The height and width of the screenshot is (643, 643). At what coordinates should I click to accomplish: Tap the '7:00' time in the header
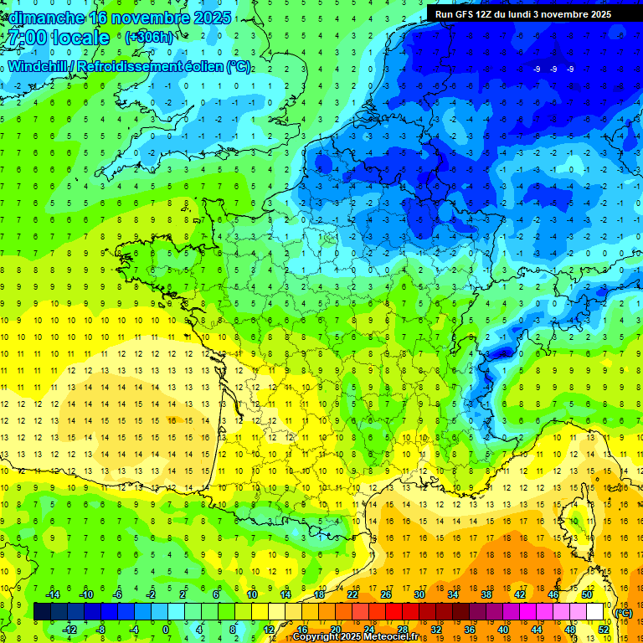coord(24,38)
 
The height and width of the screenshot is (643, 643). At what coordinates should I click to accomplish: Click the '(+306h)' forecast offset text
coord(149,38)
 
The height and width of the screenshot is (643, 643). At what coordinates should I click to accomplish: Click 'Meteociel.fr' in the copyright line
coord(391,637)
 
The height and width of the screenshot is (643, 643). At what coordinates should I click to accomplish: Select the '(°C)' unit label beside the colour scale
coord(623,613)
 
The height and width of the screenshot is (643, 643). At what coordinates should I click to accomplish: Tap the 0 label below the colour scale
coord(166,630)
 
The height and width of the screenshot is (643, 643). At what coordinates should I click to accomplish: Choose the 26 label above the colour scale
coord(386,594)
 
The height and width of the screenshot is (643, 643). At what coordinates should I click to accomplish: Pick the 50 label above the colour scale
coord(587,594)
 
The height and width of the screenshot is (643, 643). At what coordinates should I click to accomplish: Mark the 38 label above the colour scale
coord(486,594)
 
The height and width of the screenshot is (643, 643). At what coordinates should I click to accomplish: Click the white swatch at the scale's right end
coord(595,612)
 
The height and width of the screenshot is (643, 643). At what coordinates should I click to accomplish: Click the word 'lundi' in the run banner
coord(532,14)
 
